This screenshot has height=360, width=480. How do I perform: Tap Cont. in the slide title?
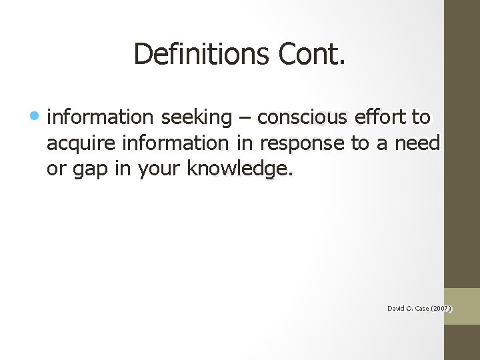[313, 54]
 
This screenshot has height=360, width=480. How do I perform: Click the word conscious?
[302, 118]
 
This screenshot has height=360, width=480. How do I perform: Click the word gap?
[90, 169]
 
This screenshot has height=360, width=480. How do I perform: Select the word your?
[160, 169]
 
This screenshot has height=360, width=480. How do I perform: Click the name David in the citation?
[396, 309]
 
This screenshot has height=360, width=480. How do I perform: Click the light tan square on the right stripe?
[462, 306]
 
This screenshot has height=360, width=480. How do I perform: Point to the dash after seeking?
[243, 118]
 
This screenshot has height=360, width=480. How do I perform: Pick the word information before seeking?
[99, 118]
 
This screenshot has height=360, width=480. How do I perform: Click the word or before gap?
[56, 169]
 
